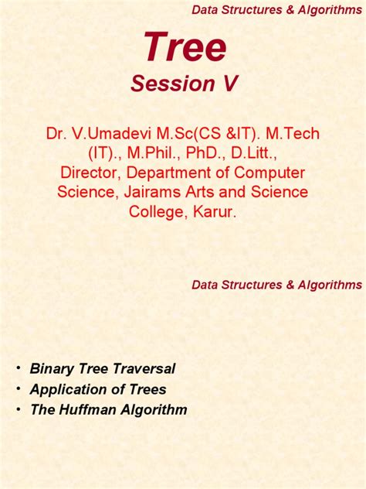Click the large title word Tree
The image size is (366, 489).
point(185,48)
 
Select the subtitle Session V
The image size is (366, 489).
point(184,84)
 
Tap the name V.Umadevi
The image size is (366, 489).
point(112,134)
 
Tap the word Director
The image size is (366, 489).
point(90,173)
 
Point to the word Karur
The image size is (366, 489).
point(216,211)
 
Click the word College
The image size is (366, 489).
point(151,211)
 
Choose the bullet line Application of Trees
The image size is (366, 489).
point(98,389)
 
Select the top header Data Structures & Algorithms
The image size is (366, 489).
point(276,9)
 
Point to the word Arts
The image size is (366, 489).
point(204,192)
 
